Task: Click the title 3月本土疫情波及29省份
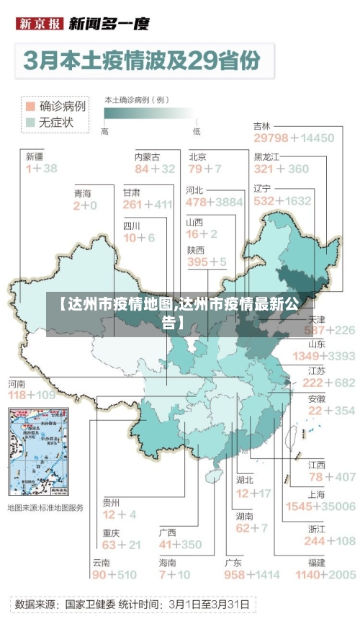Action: pos(142,61)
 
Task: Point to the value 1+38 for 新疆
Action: pos(41,169)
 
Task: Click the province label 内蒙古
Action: pos(148,156)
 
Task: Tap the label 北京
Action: pos(198,156)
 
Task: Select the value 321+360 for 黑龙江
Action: pos(281,169)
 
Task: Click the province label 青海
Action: pos(83,193)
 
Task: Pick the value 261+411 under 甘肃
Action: pos(148,205)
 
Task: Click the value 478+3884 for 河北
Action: pos(215,202)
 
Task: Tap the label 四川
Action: pos(132,226)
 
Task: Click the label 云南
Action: pos(101,562)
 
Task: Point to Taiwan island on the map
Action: pos(294,436)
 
